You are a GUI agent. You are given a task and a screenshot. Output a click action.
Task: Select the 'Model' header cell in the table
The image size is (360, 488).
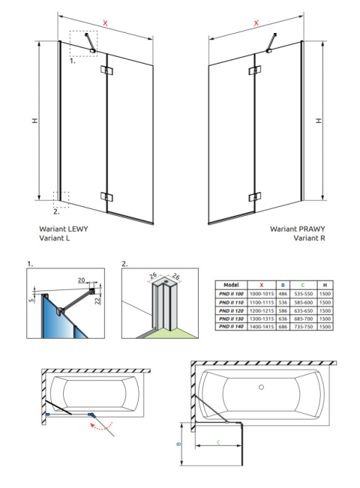(x=232, y=285)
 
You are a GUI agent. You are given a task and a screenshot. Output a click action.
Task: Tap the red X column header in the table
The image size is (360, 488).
(x=262, y=285)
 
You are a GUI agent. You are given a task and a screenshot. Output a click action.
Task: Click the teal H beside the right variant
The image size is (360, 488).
(x=319, y=120)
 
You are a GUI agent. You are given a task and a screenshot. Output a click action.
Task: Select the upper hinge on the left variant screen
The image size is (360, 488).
(x=106, y=72)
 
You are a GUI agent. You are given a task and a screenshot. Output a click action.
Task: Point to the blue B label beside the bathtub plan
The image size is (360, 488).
(x=178, y=445)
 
